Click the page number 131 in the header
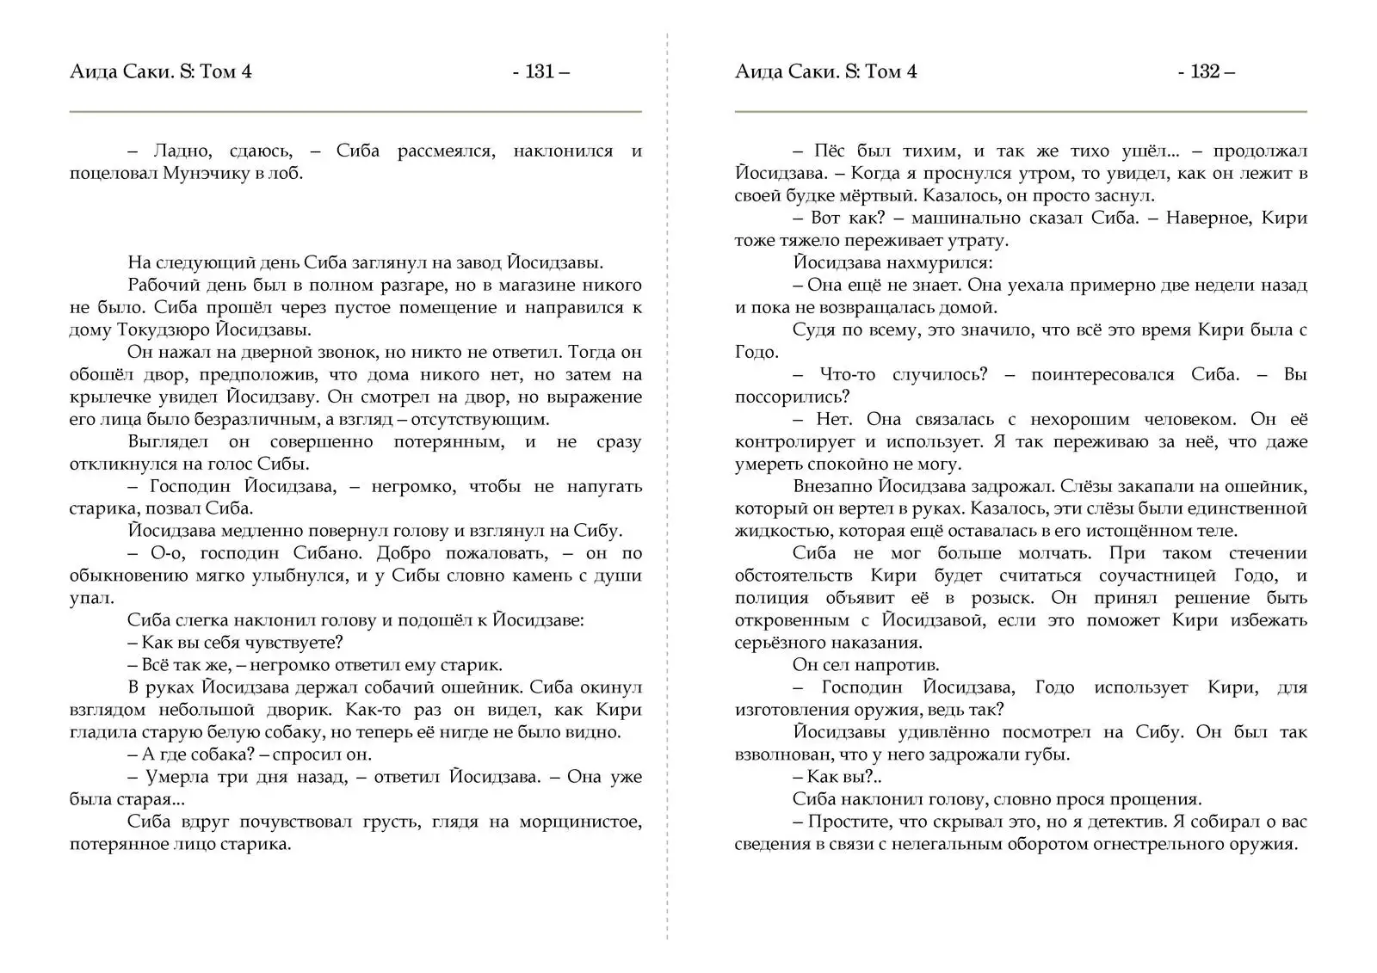pos(540,71)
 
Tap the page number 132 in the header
pos(1205,71)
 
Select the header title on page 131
pos(161,71)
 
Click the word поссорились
pos(792,397)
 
